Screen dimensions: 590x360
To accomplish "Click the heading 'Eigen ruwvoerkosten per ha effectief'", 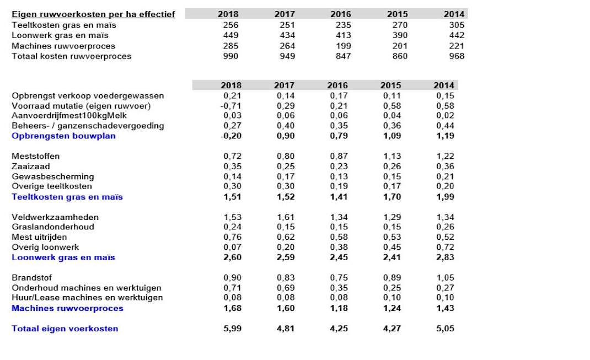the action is [93, 14].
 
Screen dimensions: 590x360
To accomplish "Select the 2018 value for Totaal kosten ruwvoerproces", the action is [230, 56].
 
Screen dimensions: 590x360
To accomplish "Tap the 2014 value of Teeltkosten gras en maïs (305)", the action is [457, 25].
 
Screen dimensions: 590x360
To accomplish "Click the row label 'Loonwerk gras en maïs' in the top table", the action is [60, 36].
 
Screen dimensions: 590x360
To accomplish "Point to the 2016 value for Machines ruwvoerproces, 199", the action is [343, 46].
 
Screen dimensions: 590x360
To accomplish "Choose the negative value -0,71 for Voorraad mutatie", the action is [230, 106].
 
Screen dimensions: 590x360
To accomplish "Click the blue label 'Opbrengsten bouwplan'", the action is [63, 136].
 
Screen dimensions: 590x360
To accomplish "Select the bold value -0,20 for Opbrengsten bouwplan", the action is [230, 136].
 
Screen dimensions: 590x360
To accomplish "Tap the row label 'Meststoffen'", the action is [36, 157].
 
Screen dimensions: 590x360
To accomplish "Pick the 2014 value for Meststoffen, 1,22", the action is [445, 157].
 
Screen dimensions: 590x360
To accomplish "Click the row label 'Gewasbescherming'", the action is [53, 177].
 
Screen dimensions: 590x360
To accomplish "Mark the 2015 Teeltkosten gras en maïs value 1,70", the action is [392, 197].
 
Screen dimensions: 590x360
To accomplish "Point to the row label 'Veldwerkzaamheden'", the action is [55, 217].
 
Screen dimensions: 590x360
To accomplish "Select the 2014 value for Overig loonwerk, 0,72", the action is [445, 248].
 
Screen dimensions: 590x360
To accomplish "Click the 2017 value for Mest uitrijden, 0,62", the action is [286, 238].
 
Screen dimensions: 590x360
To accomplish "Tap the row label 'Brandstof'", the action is [31, 278].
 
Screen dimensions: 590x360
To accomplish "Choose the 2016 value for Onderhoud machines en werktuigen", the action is [339, 288].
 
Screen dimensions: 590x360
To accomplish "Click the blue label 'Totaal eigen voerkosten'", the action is [65, 329].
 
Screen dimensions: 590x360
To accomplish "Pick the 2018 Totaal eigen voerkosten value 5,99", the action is [233, 329].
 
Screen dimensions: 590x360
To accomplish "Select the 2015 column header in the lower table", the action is [390, 85].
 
